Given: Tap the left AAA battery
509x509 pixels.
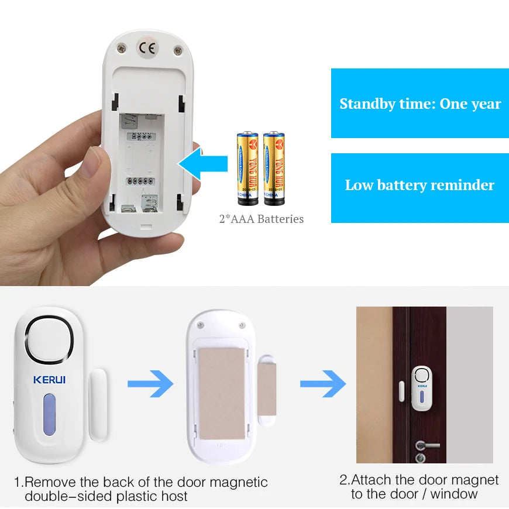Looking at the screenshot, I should click(x=247, y=169).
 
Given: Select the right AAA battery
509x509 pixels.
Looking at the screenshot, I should click(x=274, y=169).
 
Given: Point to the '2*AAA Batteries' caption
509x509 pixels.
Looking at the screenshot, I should click(x=261, y=219).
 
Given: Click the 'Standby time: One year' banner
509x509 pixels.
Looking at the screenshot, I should click(x=420, y=104).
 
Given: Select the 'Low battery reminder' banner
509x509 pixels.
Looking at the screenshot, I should click(x=420, y=185).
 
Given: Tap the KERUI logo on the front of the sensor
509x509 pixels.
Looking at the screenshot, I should click(x=49, y=380).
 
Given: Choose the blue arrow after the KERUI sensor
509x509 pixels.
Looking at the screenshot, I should click(x=150, y=384).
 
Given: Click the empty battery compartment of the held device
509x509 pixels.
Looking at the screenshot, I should click(x=142, y=161).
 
